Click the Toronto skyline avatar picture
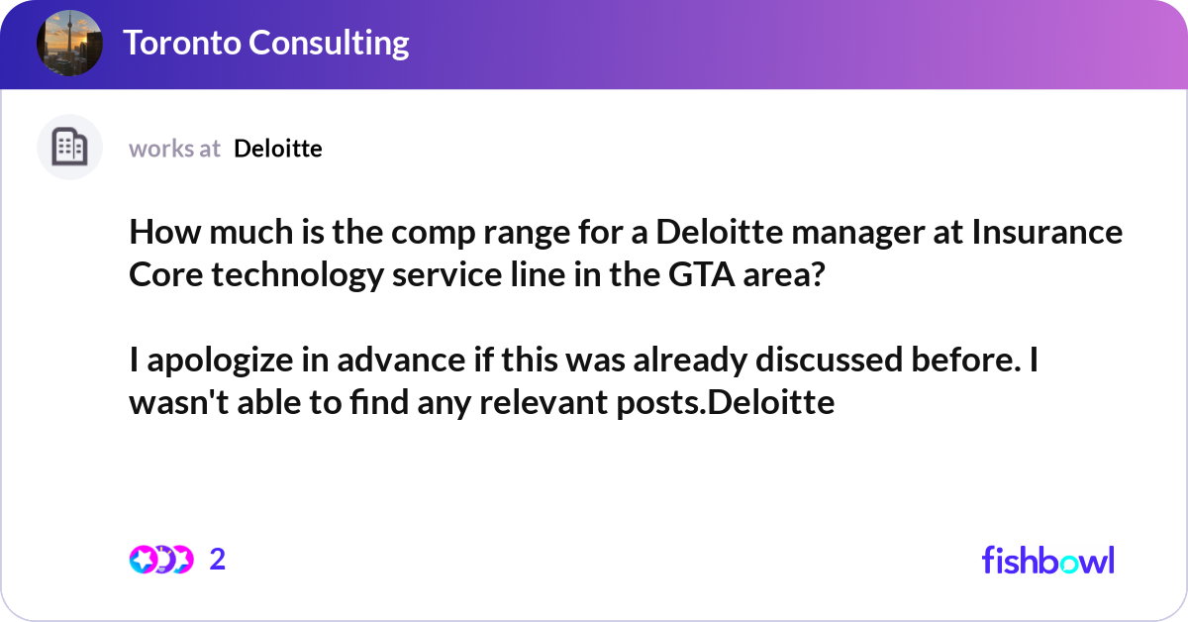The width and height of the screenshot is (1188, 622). (x=69, y=43)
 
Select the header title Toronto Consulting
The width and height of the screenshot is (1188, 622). (x=265, y=43)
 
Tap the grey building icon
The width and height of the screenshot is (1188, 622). (x=69, y=148)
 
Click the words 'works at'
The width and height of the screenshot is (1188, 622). (x=174, y=149)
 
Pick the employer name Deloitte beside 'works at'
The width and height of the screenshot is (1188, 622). (x=278, y=149)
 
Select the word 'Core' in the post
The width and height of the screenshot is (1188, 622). (x=159, y=274)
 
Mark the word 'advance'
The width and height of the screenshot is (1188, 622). (x=403, y=362)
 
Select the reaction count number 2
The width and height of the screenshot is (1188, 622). (x=218, y=560)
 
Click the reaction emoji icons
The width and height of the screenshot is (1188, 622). (x=160, y=560)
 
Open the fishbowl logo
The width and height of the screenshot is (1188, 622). (x=1047, y=560)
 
